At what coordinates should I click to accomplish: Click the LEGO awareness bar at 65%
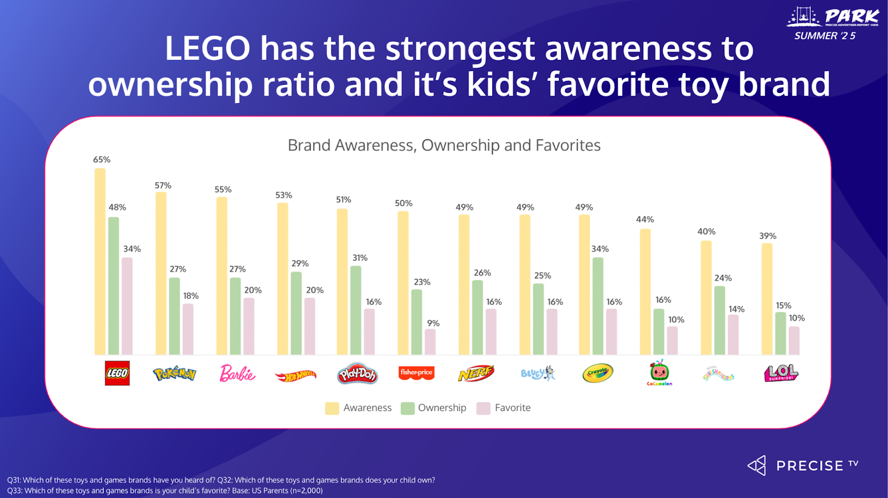(100, 261)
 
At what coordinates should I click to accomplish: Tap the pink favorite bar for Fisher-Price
(430, 342)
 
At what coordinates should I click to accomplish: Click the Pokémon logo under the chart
(174, 374)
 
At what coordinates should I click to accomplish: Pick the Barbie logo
(237, 373)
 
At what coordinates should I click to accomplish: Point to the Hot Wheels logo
(295, 375)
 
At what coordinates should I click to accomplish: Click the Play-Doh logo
(357, 374)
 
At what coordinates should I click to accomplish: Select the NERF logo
(476, 373)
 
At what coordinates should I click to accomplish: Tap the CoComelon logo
(659, 373)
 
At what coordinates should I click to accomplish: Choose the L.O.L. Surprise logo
(781, 373)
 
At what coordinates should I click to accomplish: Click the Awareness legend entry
(359, 408)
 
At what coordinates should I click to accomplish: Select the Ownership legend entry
(433, 408)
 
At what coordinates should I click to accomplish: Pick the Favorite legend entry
(503, 408)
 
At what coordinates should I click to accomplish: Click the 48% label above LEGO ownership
(117, 207)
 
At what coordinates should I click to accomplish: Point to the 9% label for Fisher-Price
(433, 323)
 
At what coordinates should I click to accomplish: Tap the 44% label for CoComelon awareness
(645, 220)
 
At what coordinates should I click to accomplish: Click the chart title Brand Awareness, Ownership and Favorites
(444, 145)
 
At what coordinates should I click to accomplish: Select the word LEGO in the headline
(208, 49)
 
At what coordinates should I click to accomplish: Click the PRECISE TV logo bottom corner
(803, 465)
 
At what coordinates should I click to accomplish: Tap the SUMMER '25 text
(825, 36)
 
